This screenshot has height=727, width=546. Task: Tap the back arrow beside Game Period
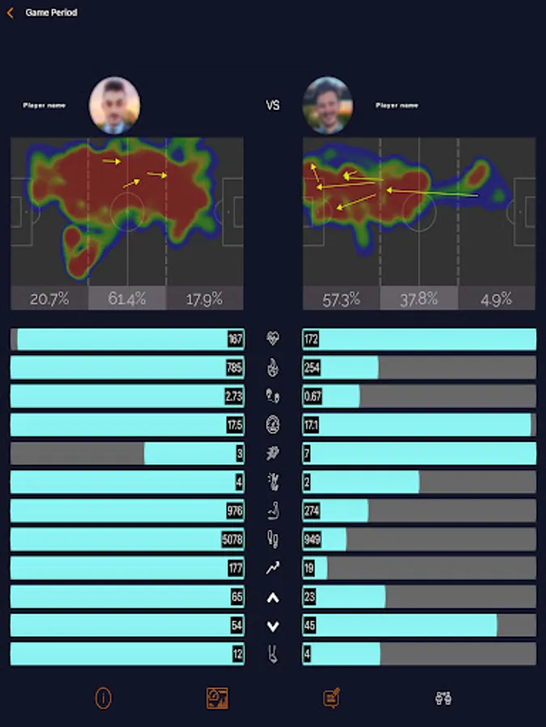(11, 13)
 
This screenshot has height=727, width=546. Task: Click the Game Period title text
(52, 13)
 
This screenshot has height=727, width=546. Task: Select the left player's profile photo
(115, 105)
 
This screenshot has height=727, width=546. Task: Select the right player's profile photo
(328, 105)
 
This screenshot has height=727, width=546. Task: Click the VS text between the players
(273, 105)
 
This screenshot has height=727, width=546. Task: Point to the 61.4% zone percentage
(127, 299)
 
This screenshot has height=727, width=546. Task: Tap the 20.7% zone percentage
(49, 299)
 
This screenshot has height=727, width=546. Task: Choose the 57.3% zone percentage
(341, 299)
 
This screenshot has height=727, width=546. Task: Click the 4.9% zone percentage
(496, 299)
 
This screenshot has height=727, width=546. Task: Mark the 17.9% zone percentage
(204, 299)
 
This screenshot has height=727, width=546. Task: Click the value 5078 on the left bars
(232, 540)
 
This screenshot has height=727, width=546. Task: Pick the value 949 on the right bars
(312, 540)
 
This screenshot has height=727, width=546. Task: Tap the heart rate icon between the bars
(273, 338)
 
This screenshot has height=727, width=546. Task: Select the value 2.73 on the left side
(234, 397)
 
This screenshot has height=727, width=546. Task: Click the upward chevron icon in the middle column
(273, 598)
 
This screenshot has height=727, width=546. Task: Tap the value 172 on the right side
(311, 339)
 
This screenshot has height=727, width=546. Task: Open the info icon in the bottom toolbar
(103, 698)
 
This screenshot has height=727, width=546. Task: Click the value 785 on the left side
(235, 368)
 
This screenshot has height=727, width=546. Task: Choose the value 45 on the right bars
(310, 626)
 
